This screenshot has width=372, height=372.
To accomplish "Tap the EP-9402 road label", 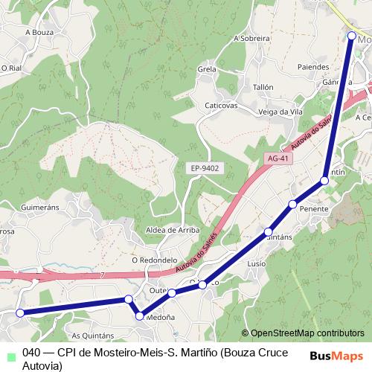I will click(204, 168).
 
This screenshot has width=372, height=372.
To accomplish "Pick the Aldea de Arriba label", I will click(173, 230).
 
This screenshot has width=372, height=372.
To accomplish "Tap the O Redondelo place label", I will click(154, 260).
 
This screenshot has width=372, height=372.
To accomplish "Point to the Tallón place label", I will click(263, 87).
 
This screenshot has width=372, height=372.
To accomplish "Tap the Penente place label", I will click(314, 210).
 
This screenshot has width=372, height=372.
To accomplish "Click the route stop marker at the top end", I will click(352, 35).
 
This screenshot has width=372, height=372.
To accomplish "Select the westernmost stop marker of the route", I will click(21, 313).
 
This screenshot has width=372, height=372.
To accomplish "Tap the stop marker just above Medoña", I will click(139, 317).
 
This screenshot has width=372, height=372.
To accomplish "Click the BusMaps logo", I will click(336, 356).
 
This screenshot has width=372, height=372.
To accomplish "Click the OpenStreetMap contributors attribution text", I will click(307, 333).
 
